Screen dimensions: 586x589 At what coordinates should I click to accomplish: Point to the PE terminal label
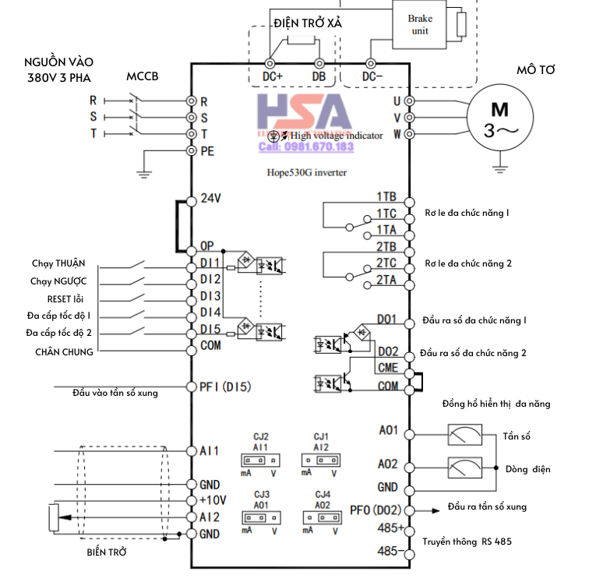(x=207, y=151)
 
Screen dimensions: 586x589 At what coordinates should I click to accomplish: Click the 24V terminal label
(x=211, y=198)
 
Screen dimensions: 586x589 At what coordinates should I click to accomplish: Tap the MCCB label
(x=142, y=76)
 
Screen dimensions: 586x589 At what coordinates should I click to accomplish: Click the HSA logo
(x=305, y=113)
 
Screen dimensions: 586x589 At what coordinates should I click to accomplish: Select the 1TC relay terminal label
(x=386, y=213)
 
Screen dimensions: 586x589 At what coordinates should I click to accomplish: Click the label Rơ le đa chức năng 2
(x=468, y=263)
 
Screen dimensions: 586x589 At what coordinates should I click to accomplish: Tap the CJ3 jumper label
(x=261, y=494)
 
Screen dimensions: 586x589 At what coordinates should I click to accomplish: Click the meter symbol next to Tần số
(x=466, y=433)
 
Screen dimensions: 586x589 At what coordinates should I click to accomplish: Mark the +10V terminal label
(x=213, y=500)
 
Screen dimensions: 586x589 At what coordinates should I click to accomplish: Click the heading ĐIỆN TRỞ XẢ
(x=308, y=24)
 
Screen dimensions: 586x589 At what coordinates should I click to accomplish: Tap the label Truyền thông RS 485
(x=467, y=541)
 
